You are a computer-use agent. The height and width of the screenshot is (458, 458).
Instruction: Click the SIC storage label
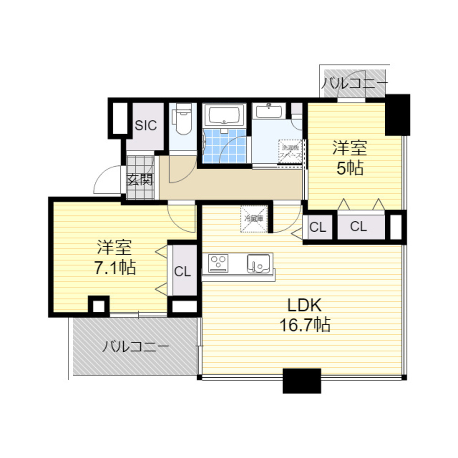(146, 125)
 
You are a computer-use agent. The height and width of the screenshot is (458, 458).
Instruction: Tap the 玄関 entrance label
(140, 180)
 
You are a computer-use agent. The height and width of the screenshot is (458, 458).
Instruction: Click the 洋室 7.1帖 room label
(115, 258)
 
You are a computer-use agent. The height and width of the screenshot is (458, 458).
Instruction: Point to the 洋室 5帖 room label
(350, 158)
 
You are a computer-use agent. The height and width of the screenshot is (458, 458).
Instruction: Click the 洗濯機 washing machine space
(291, 151)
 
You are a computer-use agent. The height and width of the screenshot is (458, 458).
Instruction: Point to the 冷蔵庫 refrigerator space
(254, 219)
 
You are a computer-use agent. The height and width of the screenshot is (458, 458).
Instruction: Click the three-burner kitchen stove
(218, 263)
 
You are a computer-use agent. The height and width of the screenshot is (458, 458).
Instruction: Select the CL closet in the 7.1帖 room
(182, 272)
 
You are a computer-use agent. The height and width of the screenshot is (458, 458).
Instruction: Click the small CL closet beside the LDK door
(318, 227)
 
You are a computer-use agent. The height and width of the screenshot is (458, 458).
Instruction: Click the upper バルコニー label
(354, 83)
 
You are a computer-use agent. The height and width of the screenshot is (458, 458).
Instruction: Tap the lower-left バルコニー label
(135, 346)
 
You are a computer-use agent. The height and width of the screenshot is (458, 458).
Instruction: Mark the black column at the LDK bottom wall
(301, 381)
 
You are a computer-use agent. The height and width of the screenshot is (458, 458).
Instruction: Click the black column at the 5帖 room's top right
(397, 114)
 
